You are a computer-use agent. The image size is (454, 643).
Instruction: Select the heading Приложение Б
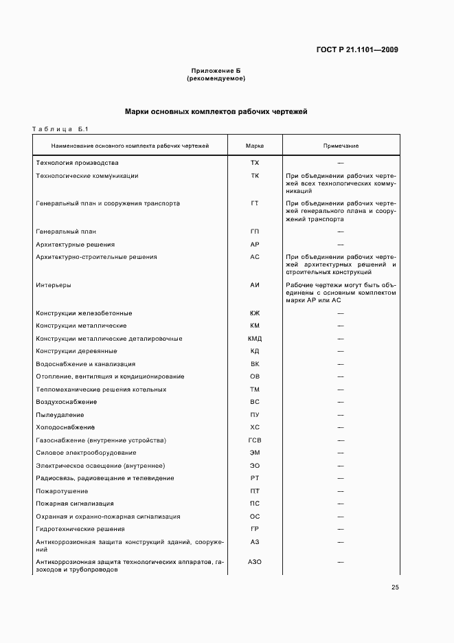pyautogui.click(x=216, y=71)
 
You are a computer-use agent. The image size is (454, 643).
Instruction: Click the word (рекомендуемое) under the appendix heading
pyautogui.click(x=216, y=78)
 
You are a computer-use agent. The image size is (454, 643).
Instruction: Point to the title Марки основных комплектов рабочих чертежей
pyautogui.click(x=216, y=111)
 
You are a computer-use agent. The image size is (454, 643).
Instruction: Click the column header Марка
pyautogui.click(x=255, y=146)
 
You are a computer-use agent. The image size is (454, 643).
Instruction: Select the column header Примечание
pyautogui.click(x=341, y=146)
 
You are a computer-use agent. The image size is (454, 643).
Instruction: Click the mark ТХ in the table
pyautogui.click(x=255, y=163)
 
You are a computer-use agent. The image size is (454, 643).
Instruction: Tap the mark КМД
pyautogui.click(x=255, y=339)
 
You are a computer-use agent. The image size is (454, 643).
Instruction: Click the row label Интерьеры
pyautogui.click(x=54, y=284)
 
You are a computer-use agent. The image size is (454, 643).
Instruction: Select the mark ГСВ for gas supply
pyautogui.click(x=255, y=440)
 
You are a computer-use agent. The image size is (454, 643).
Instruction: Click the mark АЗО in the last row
pyautogui.click(x=255, y=562)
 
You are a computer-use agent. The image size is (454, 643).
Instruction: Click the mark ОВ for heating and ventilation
pyautogui.click(x=255, y=376)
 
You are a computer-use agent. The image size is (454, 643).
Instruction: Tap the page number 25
pyautogui.click(x=395, y=587)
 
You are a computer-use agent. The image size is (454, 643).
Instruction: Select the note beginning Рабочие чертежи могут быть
pyautogui.click(x=341, y=292)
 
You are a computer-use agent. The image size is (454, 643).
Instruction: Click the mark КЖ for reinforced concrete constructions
pyautogui.click(x=255, y=313)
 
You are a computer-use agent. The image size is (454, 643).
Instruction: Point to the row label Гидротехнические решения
pyautogui.click(x=80, y=529)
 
